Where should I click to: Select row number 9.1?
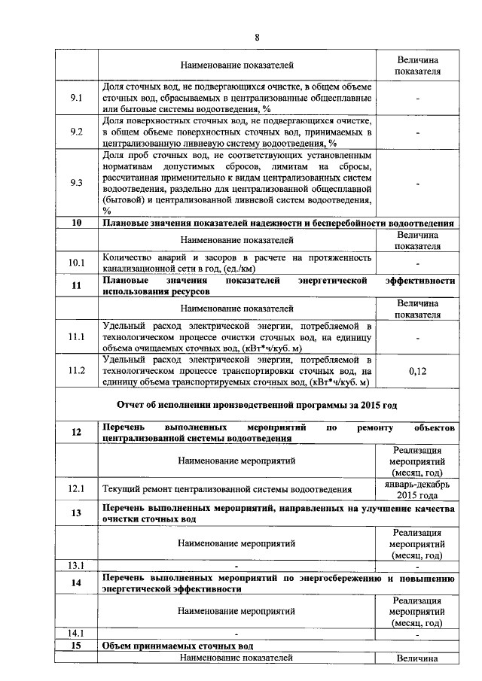click(x=76, y=97)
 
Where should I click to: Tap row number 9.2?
click(x=76, y=131)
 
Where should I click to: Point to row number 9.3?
click(x=76, y=183)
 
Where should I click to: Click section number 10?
click(x=76, y=223)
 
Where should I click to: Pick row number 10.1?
click(x=76, y=263)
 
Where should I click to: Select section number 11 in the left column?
click(x=76, y=285)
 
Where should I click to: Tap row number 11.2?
click(x=76, y=371)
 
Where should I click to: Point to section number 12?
click(x=76, y=432)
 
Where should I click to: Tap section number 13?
click(x=76, y=514)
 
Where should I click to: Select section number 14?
click(x=76, y=583)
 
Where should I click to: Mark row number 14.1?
click(x=76, y=634)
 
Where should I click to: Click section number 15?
click(x=76, y=646)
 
